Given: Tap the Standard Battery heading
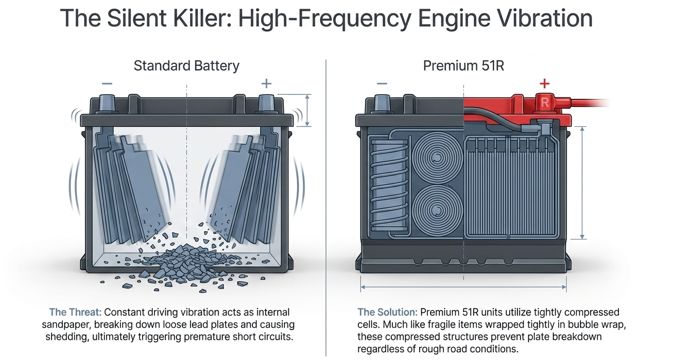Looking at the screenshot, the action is coord(186,66).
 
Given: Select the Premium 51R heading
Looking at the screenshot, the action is coord(463,66).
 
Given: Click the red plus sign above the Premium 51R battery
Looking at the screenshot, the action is coord(545,83).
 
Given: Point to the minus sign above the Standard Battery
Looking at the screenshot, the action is coord(107,83).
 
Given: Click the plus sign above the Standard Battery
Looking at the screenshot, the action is coord(267,83).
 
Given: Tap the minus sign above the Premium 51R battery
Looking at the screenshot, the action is coord(382,83).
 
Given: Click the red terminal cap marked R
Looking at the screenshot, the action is coord(545,103).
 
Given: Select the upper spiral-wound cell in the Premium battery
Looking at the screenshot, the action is coord(437,158).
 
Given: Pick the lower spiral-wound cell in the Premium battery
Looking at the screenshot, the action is coord(437,210).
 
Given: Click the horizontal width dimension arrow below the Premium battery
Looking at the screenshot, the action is coord(463,287).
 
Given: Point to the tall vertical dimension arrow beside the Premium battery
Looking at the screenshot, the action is coord(582,183).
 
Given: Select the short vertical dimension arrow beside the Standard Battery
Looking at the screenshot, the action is coord(307,110).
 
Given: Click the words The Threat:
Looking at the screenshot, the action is coord(75,312).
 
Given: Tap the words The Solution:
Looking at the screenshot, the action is coord(387,312).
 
